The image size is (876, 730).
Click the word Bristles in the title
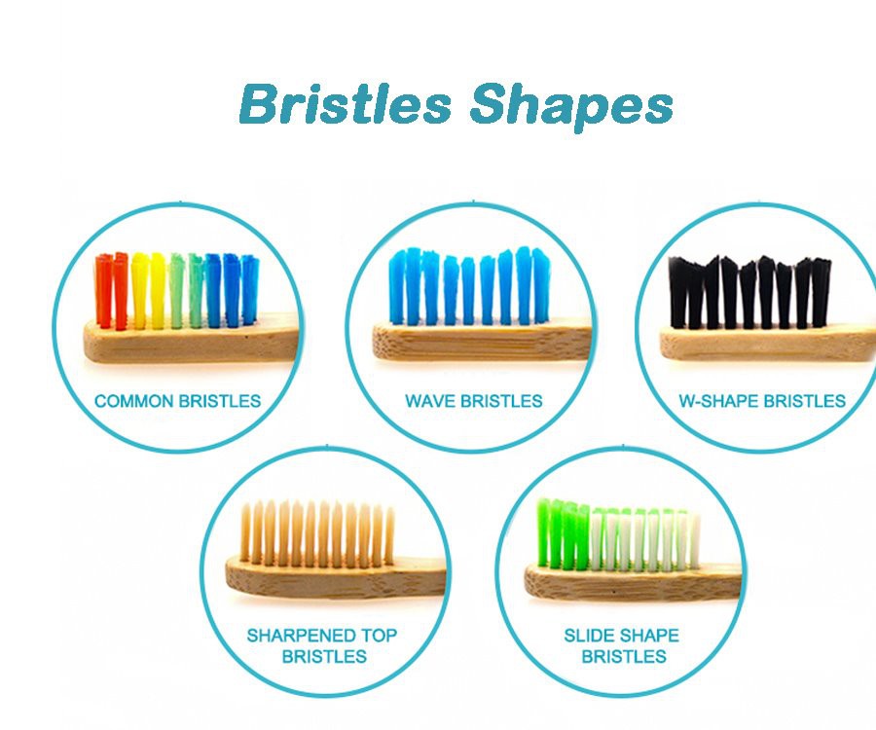click(x=346, y=104)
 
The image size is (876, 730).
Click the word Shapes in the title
click(x=570, y=107)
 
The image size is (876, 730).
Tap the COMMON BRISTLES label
click(x=177, y=400)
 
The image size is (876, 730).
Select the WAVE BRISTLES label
click(x=473, y=400)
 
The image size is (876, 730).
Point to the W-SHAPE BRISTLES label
click(x=761, y=400)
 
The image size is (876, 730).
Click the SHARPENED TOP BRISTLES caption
click(x=323, y=645)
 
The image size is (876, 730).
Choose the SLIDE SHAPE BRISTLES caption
click(x=621, y=645)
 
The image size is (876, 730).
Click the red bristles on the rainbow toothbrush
click(x=111, y=290)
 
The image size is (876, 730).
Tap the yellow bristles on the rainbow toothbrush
click(x=149, y=290)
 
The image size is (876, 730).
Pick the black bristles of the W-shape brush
click(x=749, y=292)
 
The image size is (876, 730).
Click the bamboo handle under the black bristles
click(x=769, y=343)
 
